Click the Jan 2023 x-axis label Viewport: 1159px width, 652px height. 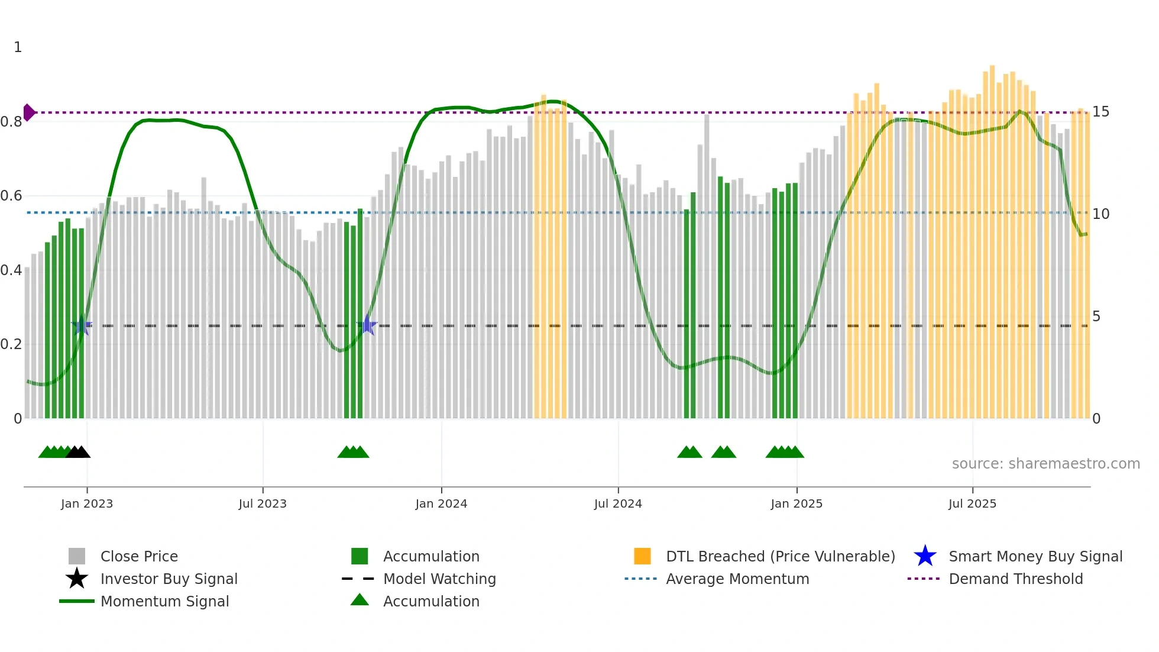point(86,503)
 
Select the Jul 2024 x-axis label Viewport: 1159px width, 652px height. point(618,503)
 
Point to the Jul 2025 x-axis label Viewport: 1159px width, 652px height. point(972,503)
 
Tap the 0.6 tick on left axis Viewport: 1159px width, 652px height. point(11,196)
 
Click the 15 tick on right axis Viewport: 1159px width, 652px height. point(1100,112)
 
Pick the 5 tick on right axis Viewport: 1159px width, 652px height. point(1096,317)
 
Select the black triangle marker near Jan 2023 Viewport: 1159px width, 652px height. point(78,452)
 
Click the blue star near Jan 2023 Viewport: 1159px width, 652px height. point(82,325)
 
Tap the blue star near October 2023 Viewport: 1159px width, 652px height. point(367,325)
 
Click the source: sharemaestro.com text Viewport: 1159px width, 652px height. point(1045,463)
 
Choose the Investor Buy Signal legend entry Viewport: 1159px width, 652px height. point(169,579)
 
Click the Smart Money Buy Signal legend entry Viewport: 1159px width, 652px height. point(1035,556)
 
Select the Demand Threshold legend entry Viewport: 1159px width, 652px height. point(1015,579)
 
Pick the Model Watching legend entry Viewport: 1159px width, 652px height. point(439,579)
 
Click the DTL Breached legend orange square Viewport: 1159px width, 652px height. point(642,556)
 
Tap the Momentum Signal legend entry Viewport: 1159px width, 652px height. point(164,601)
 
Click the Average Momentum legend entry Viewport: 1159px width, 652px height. point(737,579)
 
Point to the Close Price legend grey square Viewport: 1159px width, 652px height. point(77,556)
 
